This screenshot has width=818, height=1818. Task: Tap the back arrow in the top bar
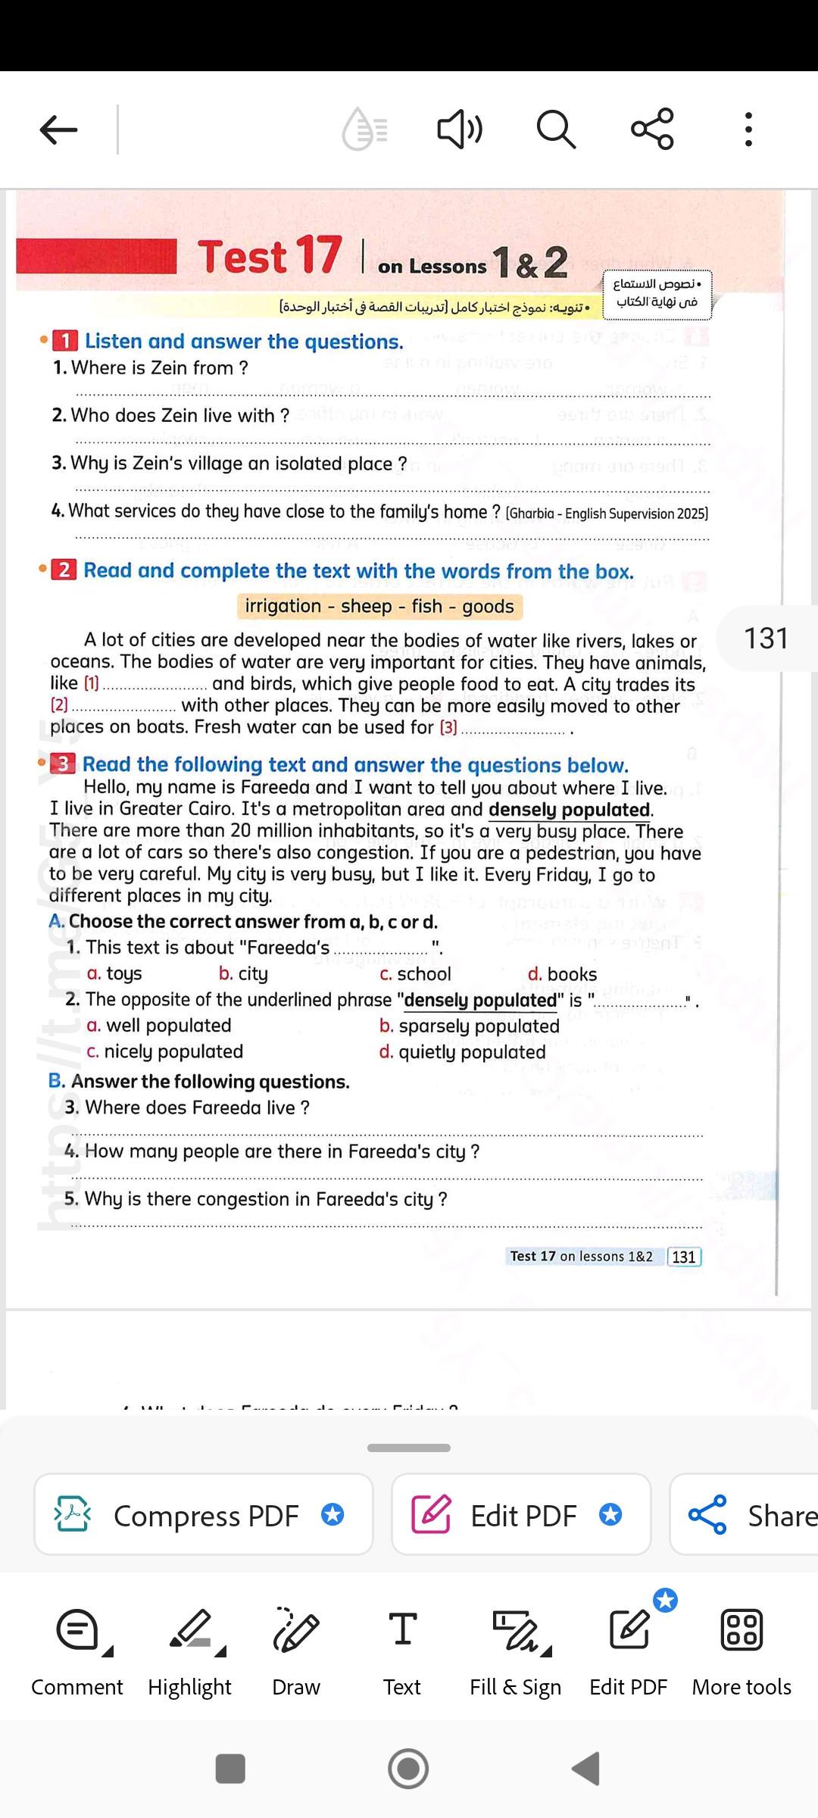58,130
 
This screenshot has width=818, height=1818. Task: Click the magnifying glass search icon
556,129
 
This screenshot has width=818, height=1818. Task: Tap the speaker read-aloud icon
459,129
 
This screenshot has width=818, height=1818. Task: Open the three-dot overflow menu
748,130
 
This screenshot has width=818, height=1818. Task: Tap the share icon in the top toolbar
652,129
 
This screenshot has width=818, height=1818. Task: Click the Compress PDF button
204,1515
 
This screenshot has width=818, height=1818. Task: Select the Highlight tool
190,1651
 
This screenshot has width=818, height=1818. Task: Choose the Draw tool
296,1651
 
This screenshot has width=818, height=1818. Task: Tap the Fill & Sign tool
516,1651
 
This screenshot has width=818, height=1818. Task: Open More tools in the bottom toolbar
742,1651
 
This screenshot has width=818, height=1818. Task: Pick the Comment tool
77,1651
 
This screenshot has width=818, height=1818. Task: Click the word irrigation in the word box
283,607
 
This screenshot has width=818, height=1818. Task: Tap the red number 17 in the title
318,255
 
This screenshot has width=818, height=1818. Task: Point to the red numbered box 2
64,570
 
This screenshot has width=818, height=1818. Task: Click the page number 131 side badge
766,639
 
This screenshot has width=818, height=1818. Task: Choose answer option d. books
562,974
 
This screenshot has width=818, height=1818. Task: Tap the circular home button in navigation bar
408,1769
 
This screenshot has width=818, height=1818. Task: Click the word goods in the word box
488,607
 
